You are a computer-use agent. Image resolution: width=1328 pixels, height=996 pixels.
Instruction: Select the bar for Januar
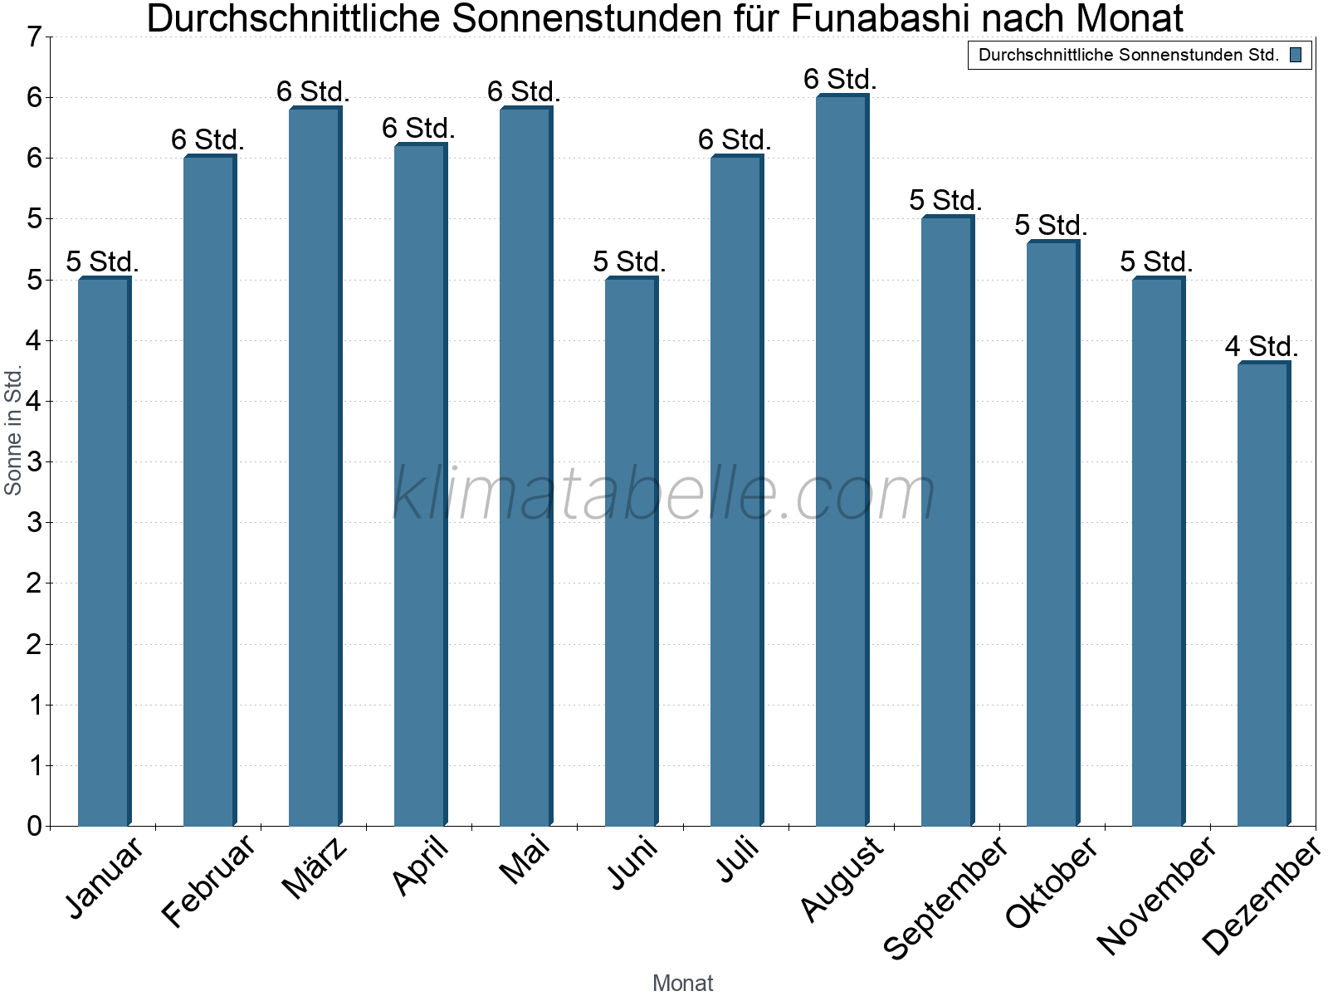point(104,552)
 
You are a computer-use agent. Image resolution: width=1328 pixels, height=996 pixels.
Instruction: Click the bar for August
point(842,461)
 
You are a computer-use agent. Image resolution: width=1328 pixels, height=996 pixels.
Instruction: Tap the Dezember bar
point(1263,593)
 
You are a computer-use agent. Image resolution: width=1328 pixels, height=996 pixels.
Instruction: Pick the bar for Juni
point(631,552)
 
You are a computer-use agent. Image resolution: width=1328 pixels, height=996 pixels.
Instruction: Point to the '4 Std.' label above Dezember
point(1261,346)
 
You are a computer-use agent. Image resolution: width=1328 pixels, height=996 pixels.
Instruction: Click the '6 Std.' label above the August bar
point(839,80)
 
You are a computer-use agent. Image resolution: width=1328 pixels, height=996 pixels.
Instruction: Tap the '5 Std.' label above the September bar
point(945,200)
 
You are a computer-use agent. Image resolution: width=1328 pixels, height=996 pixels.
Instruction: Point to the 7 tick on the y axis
point(34,37)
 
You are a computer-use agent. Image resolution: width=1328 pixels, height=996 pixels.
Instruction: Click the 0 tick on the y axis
point(34,826)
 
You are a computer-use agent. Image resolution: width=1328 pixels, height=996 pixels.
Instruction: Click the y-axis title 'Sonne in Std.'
point(13,432)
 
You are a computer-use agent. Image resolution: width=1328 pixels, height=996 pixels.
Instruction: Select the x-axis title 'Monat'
point(682,983)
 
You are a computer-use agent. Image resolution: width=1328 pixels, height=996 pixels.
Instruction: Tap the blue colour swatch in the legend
point(1295,56)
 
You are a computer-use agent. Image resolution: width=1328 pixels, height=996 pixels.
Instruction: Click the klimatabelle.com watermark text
point(664,494)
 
